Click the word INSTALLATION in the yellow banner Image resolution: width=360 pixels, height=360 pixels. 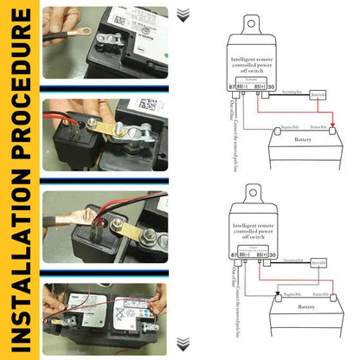pyautogui.click(x=19, y=252)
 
